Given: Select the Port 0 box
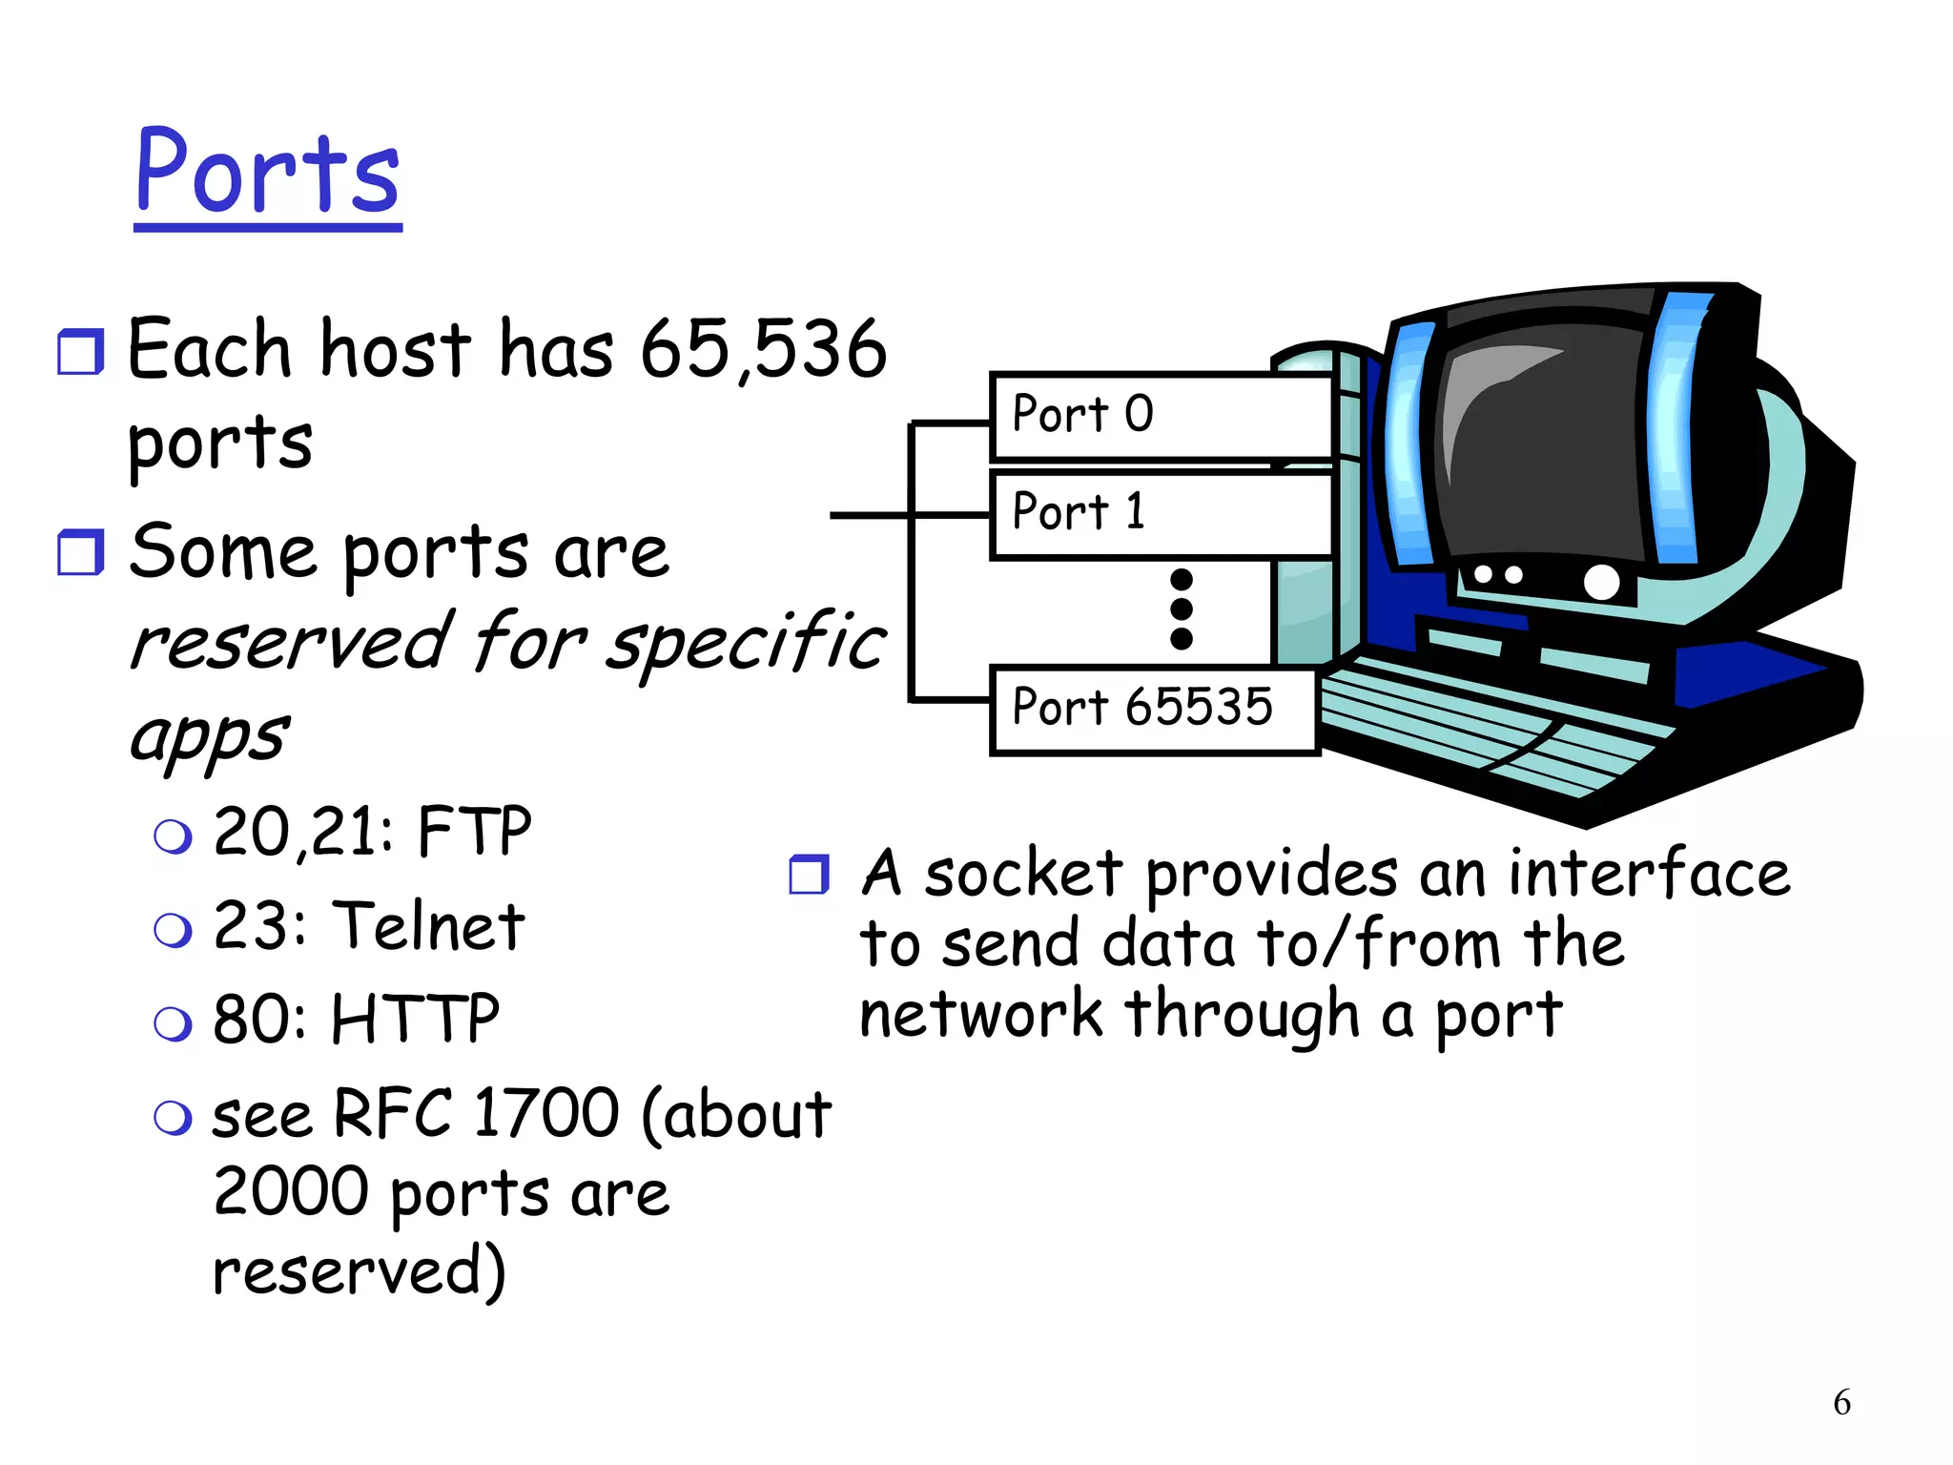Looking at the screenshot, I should click(x=1161, y=416).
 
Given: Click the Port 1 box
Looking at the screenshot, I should click(x=1161, y=514).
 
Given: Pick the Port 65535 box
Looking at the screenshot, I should click(x=1154, y=710).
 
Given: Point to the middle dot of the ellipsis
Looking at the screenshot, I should click(x=1181, y=609).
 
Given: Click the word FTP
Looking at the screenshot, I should click(x=474, y=832).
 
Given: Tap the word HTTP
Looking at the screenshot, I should click(x=415, y=1019).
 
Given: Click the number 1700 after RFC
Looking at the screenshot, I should click(x=546, y=1113).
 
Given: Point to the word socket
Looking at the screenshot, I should click(x=1023, y=874).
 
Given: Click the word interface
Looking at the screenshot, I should click(x=1649, y=874).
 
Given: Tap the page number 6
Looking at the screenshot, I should click(x=1841, y=1402).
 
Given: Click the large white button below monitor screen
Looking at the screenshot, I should click(x=1601, y=582).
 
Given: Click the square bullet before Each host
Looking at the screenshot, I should click(x=80, y=352).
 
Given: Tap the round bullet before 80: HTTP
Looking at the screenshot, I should click(x=173, y=1023).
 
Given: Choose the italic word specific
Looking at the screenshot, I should click(x=747, y=643).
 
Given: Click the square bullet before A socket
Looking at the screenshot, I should click(x=810, y=874).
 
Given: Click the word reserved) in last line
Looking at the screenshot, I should click(x=359, y=1271).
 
